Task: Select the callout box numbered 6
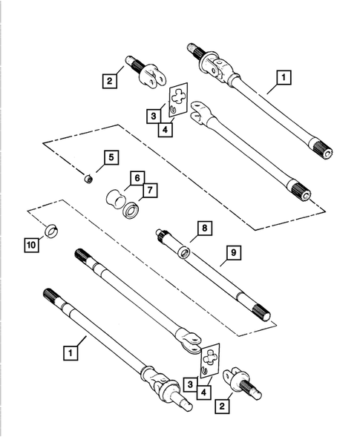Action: click(x=137, y=178)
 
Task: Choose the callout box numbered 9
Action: click(x=232, y=254)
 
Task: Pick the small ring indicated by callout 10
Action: click(x=52, y=230)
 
